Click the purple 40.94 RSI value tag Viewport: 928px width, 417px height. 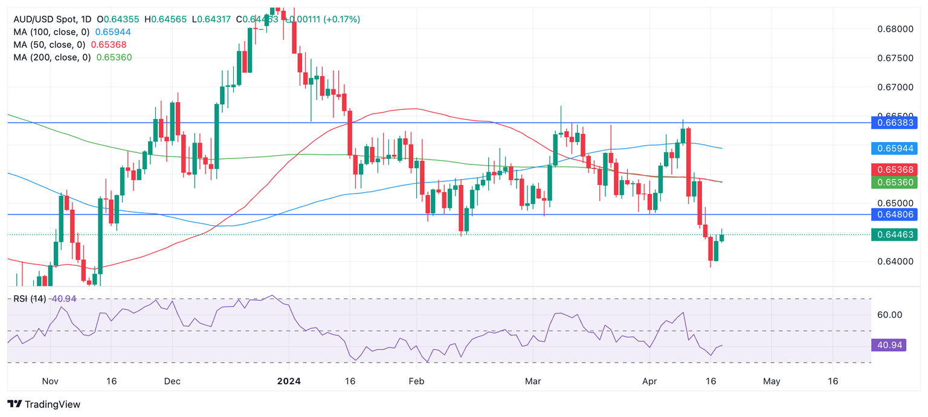pos(889,346)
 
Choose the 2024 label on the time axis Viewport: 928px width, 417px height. pos(289,382)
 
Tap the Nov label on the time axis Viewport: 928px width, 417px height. pos(51,382)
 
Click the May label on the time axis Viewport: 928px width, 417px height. pos(772,382)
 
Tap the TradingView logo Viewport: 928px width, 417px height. pos(43,404)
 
